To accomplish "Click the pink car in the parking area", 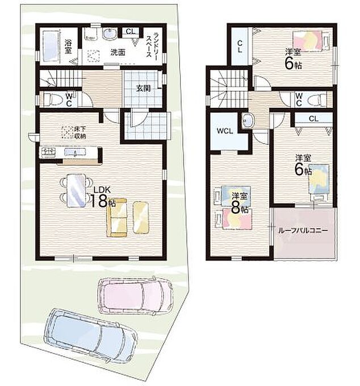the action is pyautogui.click(x=136, y=296).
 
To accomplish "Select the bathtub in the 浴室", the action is pyautogui.click(x=51, y=46).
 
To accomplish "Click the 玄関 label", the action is pyautogui.click(x=143, y=89).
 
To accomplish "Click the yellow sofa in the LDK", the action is pyautogui.click(x=117, y=217).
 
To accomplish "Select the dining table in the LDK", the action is pyautogui.click(x=77, y=190).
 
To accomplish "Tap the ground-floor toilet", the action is pyautogui.click(x=50, y=99).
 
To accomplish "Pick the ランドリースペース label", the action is pyautogui.click(x=152, y=44).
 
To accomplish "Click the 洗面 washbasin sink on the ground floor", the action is pyautogui.click(x=110, y=34).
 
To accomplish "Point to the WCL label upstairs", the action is pyautogui.click(x=225, y=131).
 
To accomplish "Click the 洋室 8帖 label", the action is pyautogui.click(x=240, y=203).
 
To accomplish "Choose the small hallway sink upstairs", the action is pyautogui.click(x=248, y=121).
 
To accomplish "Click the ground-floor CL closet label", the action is pyautogui.click(x=131, y=31).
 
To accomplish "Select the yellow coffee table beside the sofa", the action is pyautogui.click(x=141, y=217).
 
